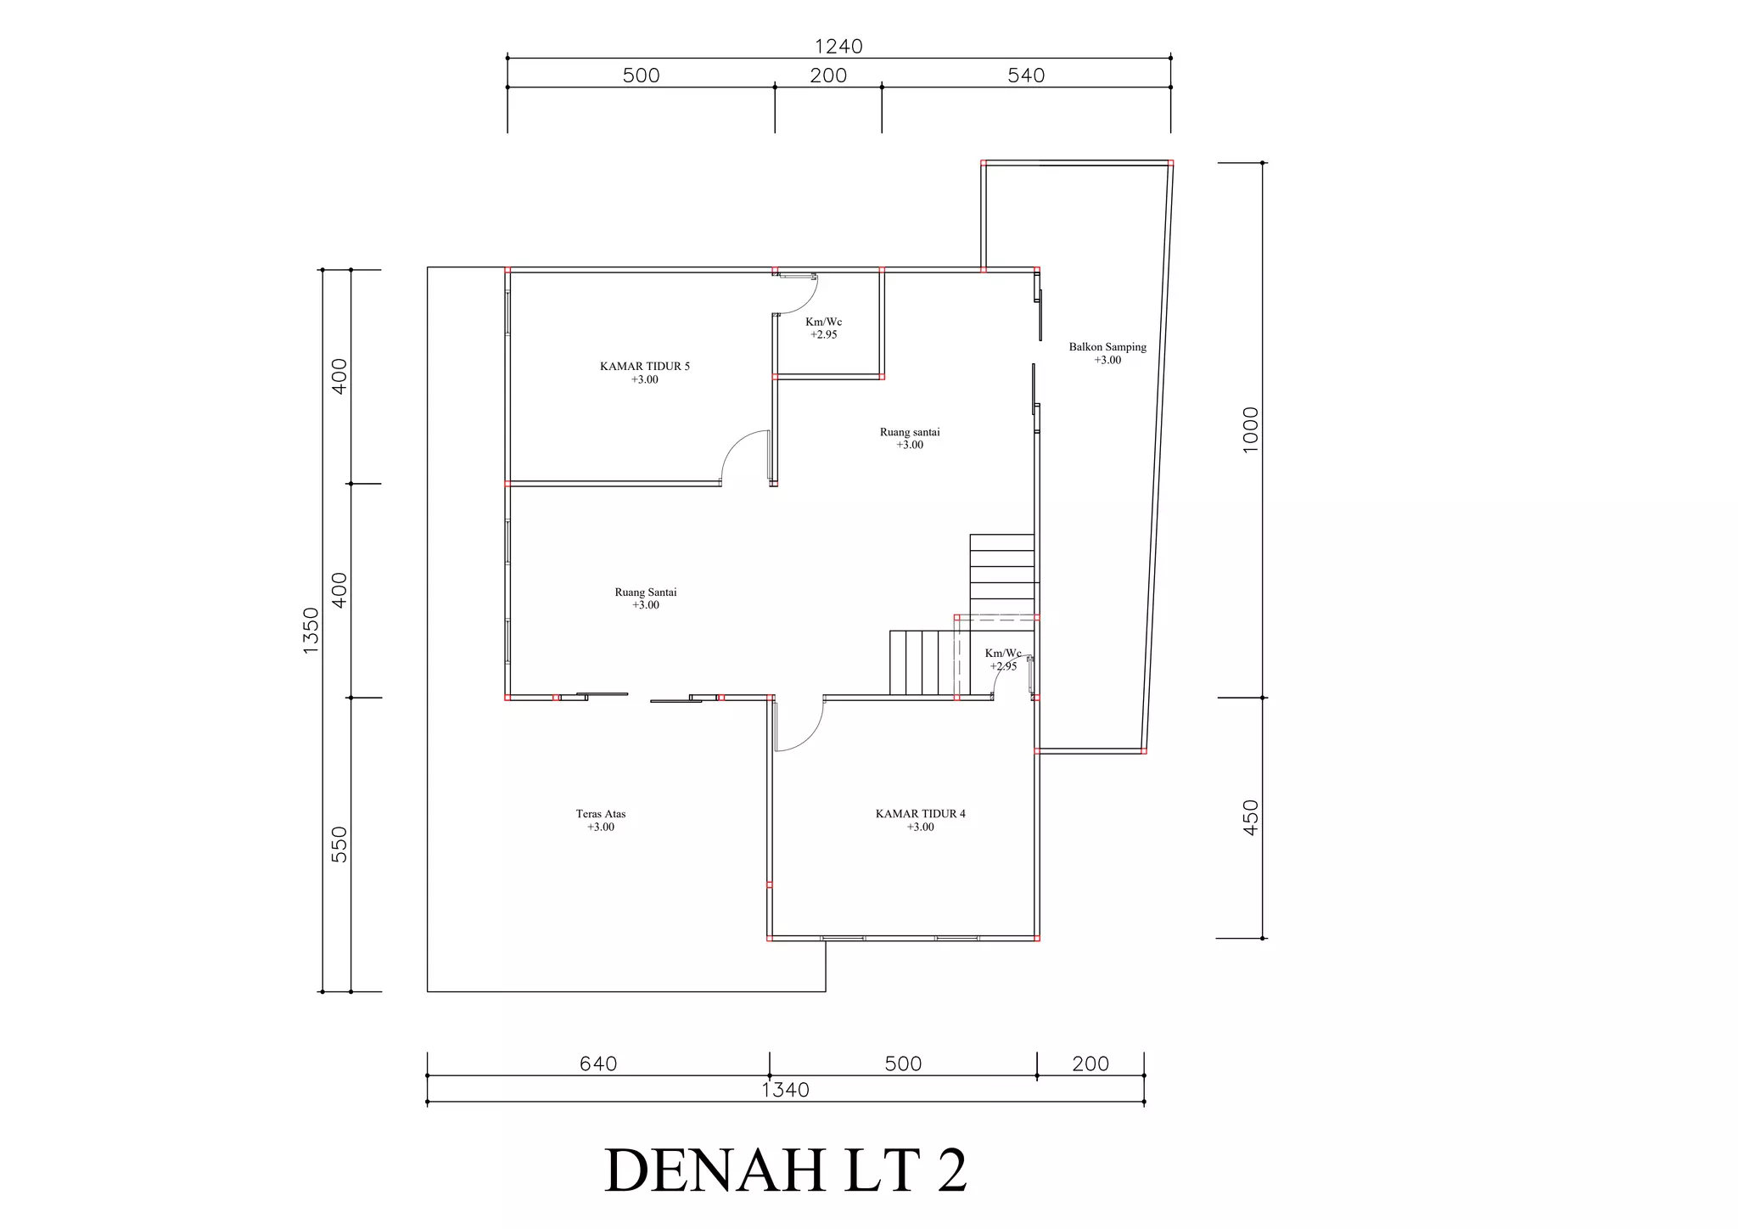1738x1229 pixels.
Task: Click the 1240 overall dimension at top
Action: (x=838, y=47)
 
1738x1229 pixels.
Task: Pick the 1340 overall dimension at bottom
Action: (x=786, y=1090)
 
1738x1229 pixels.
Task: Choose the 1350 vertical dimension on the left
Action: (x=311, y=630)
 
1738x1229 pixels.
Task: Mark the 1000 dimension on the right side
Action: (x=1251, y=429)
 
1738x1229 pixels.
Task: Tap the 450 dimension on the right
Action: (x=1251, y=817)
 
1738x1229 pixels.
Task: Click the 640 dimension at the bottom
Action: (x=598, y=1063)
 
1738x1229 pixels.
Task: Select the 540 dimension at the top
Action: (x=1026, y=76)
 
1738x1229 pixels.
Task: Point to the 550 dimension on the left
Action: (x=339, y=844)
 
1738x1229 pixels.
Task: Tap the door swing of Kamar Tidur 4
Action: (x=800, y=727)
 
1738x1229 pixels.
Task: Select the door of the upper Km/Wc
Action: (x=799, y=293)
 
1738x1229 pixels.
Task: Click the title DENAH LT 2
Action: (x=785, y=1171)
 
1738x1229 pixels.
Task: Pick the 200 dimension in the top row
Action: (x=828, y=76)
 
